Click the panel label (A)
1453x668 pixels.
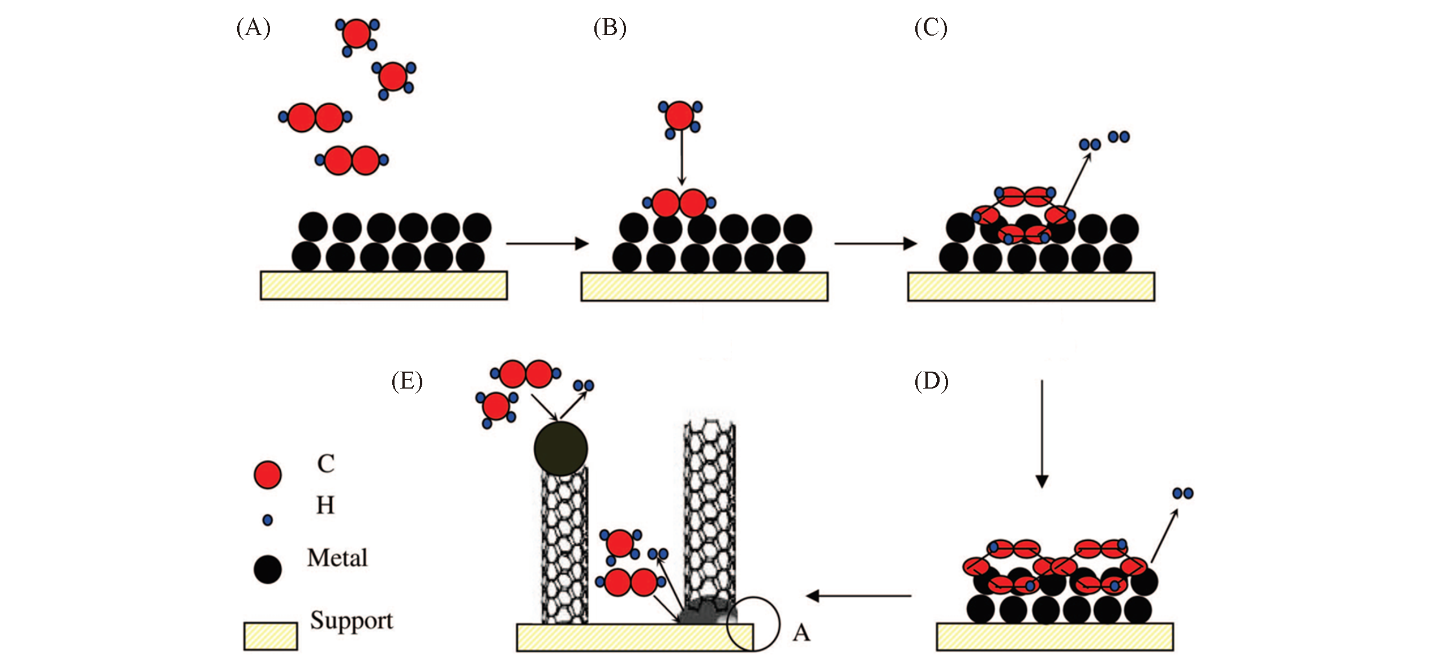253,28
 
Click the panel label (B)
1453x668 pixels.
610,28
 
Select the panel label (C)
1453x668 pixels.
931,28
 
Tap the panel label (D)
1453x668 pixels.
931,382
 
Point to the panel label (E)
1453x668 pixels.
407,382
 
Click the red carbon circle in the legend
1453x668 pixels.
267,475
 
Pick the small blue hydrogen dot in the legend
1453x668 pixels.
268,520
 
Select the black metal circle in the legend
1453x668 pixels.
267,569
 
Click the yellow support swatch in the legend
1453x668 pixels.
271,636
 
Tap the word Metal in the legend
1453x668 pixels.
337,558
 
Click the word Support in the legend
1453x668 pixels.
351,621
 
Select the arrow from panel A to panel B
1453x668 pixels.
547,244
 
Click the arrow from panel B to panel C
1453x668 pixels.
875,244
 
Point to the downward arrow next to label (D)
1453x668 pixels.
1041,433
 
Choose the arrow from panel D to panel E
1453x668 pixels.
858,596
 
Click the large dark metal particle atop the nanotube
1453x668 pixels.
560,448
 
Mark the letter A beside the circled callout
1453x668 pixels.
801,633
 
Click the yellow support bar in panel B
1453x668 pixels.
704,286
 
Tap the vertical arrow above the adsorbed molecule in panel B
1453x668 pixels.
682,158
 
